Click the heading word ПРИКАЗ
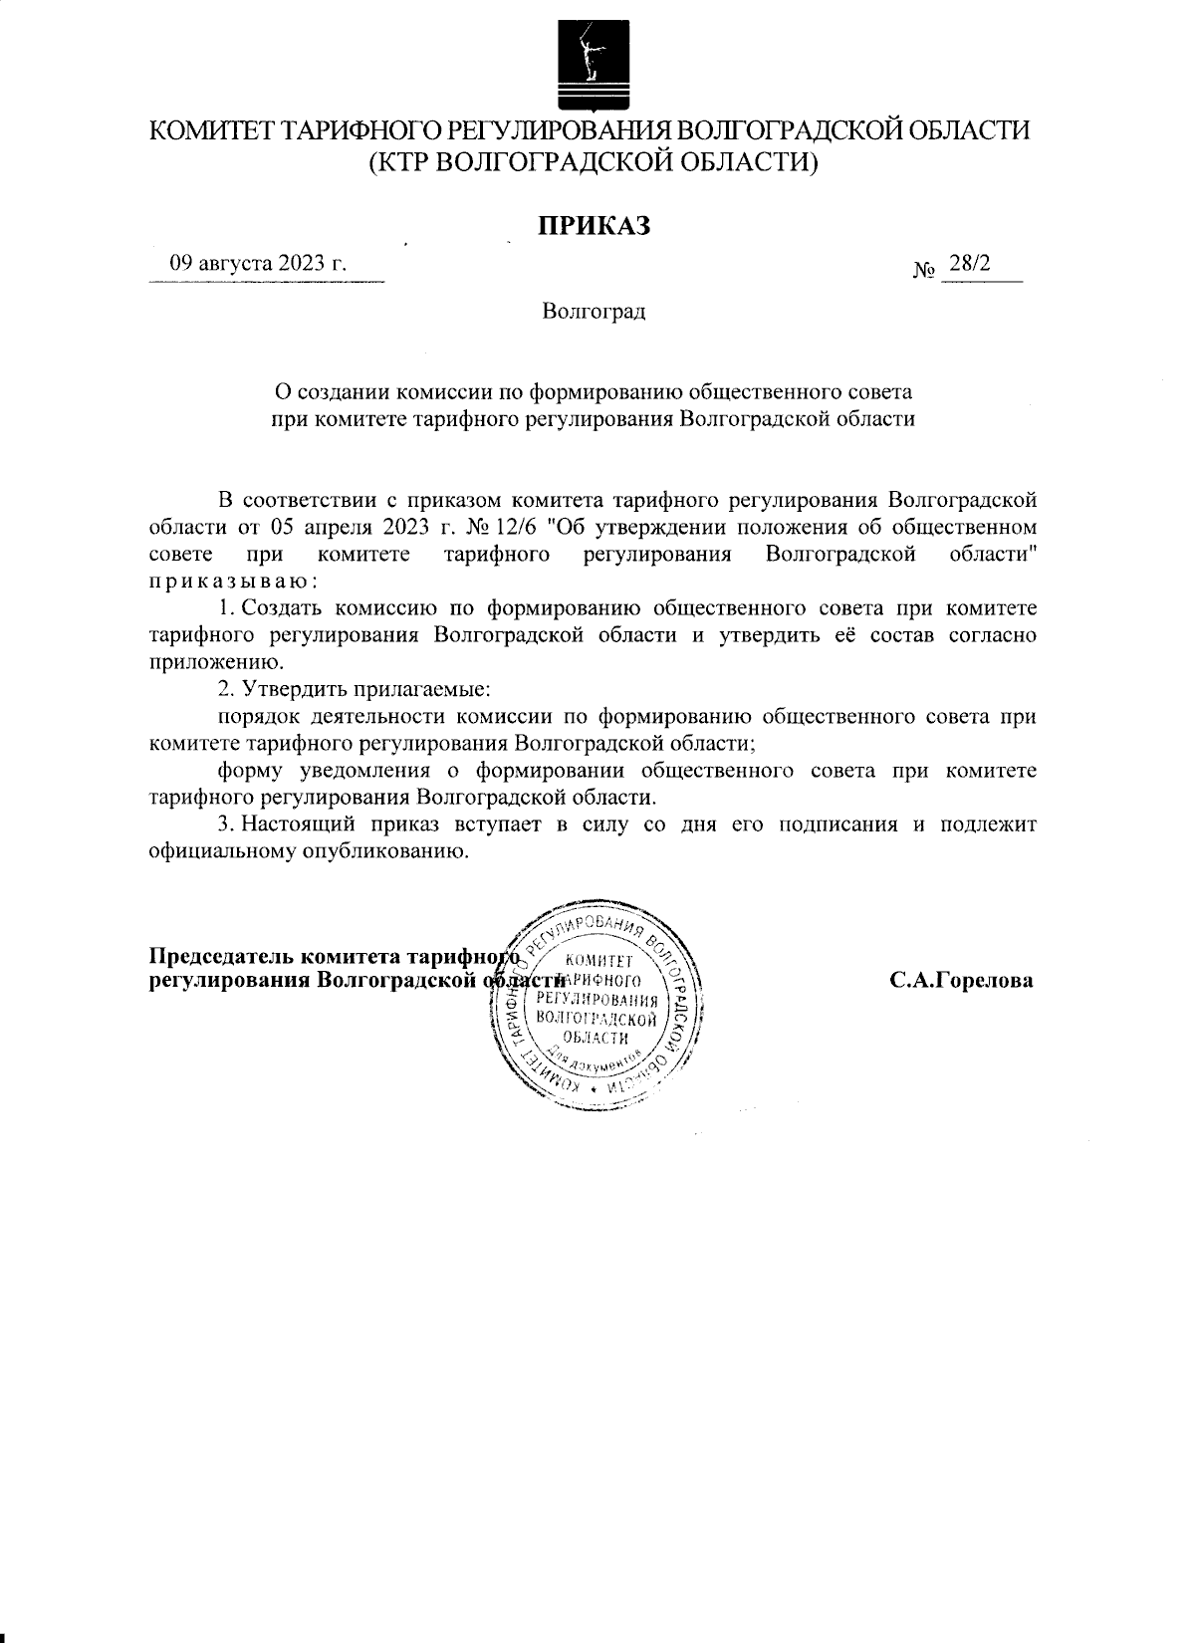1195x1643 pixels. [595, 227]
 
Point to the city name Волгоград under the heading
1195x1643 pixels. [595, 312]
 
